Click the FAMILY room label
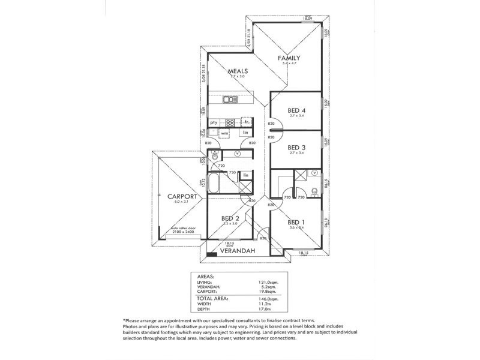point(289,58)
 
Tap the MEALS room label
point(238,71)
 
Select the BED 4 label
point(297,110)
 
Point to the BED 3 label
point(297,148)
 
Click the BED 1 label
point(296,221)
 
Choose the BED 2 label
point(230,218)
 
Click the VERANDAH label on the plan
point(238,251)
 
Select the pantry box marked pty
point(214,122)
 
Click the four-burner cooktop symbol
point(230,122)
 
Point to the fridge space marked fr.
point(246,122)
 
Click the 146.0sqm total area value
point(268,299)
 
